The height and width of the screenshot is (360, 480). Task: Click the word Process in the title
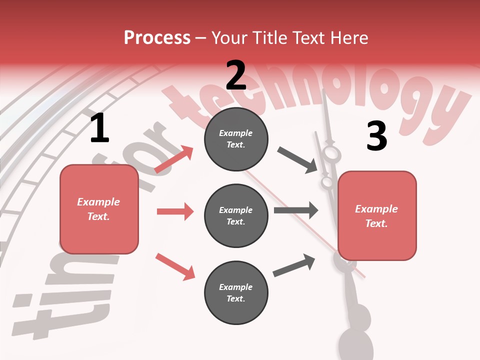tap(157, 37)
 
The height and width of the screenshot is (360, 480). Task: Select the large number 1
tap(99, 128)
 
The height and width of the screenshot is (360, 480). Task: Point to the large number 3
tap(376, 136)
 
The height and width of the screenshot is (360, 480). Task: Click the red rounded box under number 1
tap(99, 209)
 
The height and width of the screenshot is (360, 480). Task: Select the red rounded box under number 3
tap(377, 215)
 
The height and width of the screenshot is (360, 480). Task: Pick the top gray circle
tap(236, 138)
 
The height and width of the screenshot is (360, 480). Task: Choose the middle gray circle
tap(236, 215)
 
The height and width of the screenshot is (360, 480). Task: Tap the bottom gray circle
tap(236, 292)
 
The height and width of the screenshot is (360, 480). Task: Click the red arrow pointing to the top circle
tap(174, 159)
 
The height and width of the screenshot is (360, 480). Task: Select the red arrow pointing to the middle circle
tap(175, 211)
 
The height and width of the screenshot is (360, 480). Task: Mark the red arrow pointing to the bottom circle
tap(175, 266)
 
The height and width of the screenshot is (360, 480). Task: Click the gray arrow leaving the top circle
tap(297, 160)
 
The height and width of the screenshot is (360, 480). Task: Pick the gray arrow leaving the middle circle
tap(296, 210)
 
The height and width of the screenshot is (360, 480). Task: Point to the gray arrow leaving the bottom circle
tap(294, 265)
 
